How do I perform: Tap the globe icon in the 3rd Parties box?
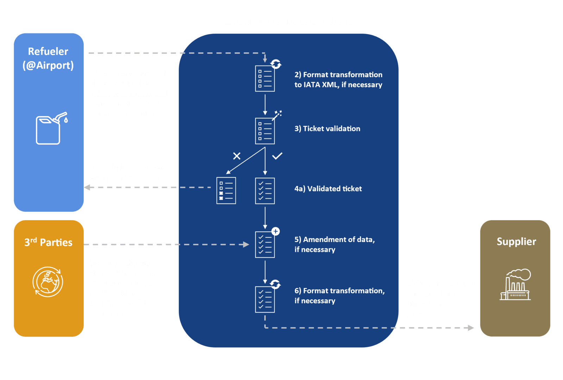click(48, 282)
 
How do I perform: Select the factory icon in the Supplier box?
click(515, 285)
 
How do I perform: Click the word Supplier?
click(516, 242)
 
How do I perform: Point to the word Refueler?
click(48, 51)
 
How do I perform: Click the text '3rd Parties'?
click(48, 242)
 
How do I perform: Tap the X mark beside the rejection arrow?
click(236, 156)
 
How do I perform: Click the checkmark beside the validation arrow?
click(277, 156)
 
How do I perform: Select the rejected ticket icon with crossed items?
click(226, 191)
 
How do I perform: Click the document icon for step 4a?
click(265, 191)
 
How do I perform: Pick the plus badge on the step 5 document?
click(276, 231)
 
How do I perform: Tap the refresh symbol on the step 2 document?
click(276, 64)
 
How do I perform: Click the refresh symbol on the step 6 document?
click(275, 285)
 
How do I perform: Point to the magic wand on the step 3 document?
click(277, 115)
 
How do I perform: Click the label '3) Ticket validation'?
click(327, 129)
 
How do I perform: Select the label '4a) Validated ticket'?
click(328, 189)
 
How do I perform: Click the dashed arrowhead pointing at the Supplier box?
click(471, 328)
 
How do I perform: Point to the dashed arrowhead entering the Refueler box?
click(87, 187)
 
